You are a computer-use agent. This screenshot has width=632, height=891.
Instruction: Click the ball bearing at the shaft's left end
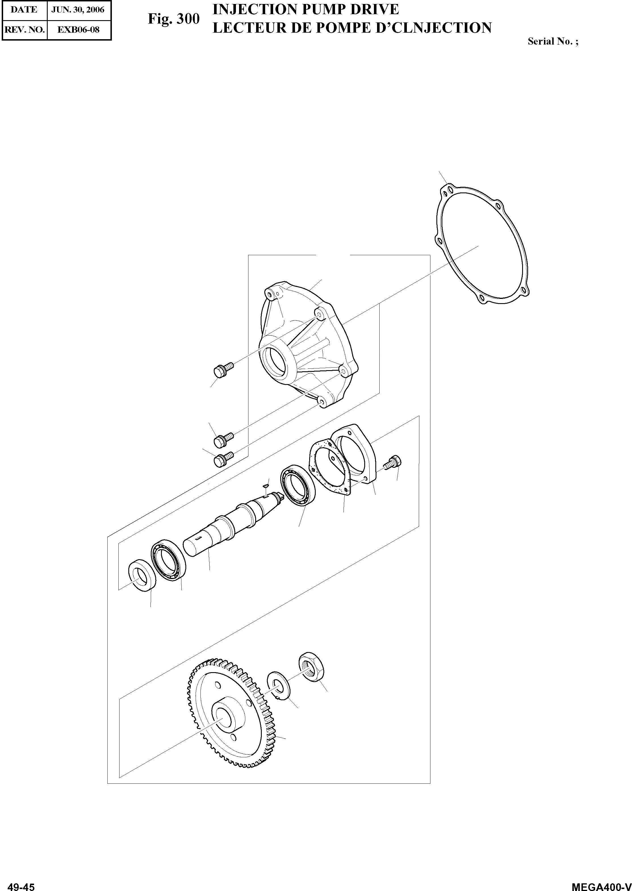pos(168,561)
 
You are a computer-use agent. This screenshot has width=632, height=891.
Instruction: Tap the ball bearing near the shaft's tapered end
pos(298,486)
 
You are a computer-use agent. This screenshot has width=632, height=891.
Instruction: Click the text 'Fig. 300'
pos(173,19)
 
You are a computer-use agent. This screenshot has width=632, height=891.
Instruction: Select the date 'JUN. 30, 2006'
pos(78,10)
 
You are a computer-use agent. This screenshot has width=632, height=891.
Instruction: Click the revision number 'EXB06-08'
pos(78,30)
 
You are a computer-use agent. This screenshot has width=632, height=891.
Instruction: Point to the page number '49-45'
pos(21,885)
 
